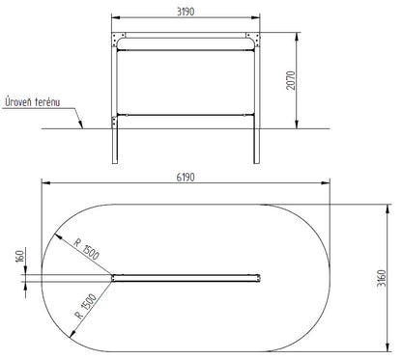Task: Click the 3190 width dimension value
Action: point(186,12)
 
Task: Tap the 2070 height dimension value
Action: point(291,80)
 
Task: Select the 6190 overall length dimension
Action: point(186,177)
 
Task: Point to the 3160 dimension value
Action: point(381,278)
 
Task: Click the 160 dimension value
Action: point(20,256)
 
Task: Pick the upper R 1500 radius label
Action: point(86,249)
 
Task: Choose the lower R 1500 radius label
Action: point(86,306)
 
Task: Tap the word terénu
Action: point(47,102)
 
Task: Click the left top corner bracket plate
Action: point(118,40)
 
